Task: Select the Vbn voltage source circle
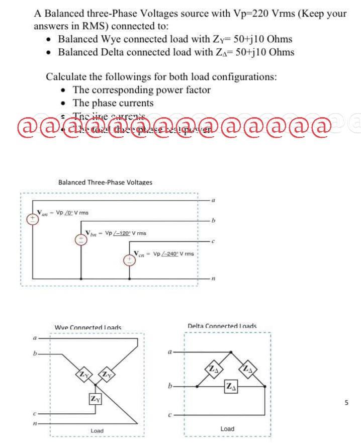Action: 80,240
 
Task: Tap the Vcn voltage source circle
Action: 130,260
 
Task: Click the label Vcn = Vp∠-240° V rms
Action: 163,253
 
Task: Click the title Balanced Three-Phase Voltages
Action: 105,182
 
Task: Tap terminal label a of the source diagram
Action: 213,199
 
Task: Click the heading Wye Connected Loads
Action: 87,328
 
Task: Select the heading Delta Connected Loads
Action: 222,326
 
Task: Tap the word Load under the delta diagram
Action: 227,429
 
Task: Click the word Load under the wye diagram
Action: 97,431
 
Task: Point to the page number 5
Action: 346,402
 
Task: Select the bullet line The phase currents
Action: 113,103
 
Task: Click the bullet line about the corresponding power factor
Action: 141,90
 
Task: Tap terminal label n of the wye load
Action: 35,424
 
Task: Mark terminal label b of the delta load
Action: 171,387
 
